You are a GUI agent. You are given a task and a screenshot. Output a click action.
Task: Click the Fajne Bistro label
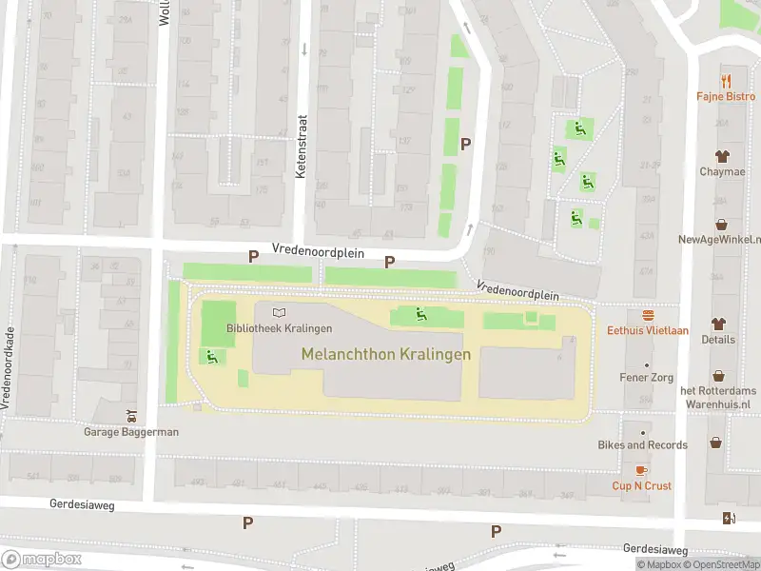pyautogui.click(x=726, y=97)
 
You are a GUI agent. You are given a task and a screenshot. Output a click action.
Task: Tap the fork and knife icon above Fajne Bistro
pyautogui.click(x=727, y=80)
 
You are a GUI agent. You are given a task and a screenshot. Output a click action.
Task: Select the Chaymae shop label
pyautogui.click(x=721, y=171)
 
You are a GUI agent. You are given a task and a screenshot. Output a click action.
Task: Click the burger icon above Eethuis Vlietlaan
pyautogui.click(x=648, y=314)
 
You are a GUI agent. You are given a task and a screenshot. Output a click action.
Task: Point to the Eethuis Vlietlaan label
pyautogui.click(x=648, y=331)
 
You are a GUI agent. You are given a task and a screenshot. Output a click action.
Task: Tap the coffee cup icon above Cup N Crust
pyautogui.click(x=641, y=469)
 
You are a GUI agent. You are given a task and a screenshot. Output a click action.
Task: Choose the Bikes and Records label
pyautogui.click(x=642, y=444)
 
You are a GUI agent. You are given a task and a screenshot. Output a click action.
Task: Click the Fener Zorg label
pyautogui.click(x=647, y=378)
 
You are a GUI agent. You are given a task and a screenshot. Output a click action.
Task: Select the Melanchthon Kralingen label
pyautogui.click(x=385, y=354)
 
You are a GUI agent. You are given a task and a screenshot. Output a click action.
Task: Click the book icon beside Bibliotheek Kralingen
pyautogui.click(x=279, y=312)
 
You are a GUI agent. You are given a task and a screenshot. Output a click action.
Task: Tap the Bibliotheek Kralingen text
pyautogui.click(x=279, y=328)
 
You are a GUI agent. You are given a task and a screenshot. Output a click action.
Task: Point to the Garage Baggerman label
pyautogui.click(x=132, y=431)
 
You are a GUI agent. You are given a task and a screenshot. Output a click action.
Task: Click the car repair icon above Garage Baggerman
pyautogui.click(x=132, y=415)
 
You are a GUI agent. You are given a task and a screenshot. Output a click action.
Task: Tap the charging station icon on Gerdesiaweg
pyautogui.click(x=729, y=519)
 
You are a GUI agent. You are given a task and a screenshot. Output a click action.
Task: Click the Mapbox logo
pyautogui.click(x=41, y=559)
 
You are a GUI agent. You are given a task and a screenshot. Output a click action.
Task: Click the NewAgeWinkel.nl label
pyautogui.click(x=720, y=240)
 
